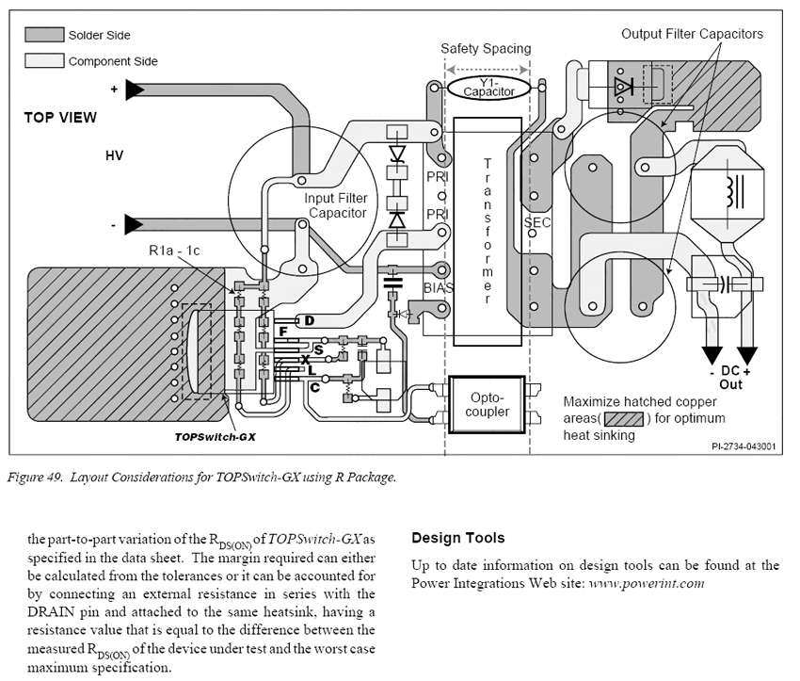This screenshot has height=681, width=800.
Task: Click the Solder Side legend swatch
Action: (x=44, y=35)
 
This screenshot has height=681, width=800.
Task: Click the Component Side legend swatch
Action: (x=44, y=60)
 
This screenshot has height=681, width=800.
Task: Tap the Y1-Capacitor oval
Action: (x=488, y=88)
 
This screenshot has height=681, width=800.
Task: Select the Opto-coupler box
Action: (x=487, y=405)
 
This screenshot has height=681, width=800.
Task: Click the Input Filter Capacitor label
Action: (x=336, y=205)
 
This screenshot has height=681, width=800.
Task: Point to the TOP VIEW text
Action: (x=60, y=118)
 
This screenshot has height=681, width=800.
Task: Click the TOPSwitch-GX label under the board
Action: (x=215, y=437)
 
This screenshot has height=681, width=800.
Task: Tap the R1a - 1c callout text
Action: (x=174, y=251)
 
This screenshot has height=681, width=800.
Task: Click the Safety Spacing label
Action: (x=486, y=48)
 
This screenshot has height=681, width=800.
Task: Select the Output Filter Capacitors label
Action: (x=692, y=34)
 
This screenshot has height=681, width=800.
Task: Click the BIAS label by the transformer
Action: (x=439, y=288)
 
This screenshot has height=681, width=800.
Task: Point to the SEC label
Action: (x=537, y=222)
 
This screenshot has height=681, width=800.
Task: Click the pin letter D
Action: (x=310, y=320)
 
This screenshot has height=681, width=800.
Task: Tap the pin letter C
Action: (x=314, y=388)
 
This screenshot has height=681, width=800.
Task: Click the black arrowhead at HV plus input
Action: (x=135, y=89)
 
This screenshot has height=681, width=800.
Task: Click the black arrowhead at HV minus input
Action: (x=135, y=224)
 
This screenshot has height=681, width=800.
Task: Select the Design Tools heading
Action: (x=458, y=538)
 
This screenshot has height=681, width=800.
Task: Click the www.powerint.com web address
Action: (x=647, y=583)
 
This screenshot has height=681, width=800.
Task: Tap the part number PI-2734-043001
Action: (x=744, y=446)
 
